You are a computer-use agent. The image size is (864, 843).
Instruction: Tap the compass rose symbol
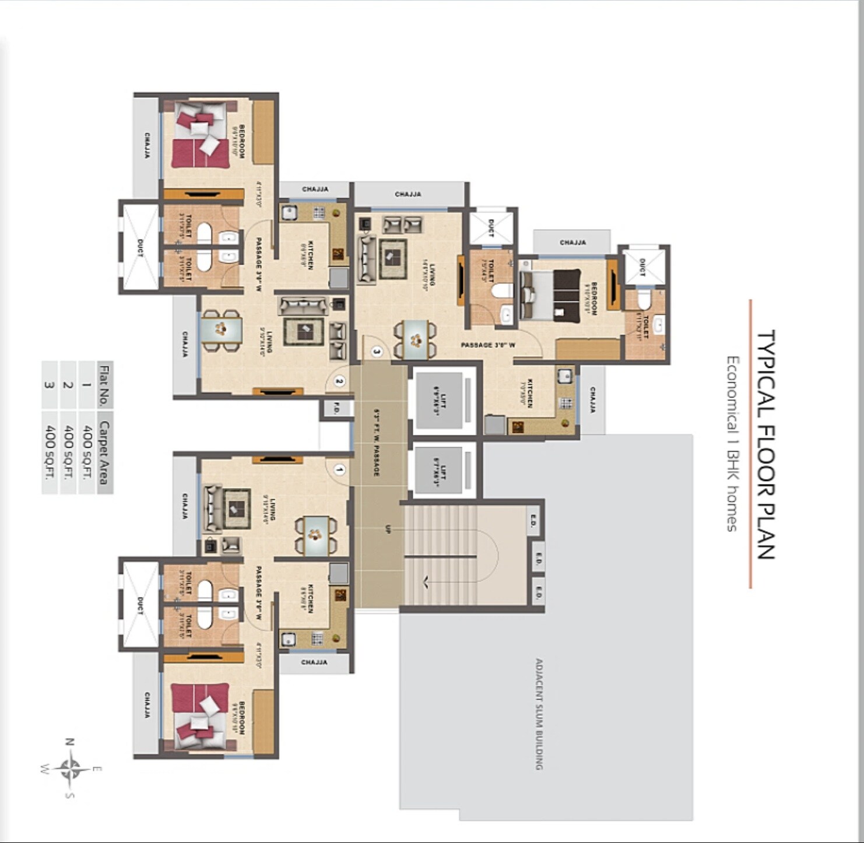pyautogui.click(x=71, y=768)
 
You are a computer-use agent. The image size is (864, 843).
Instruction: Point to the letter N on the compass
pyautogui.click(x=69, y=742)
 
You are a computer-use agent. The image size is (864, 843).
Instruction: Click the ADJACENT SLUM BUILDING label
pyautogui.click(x=539, y=714)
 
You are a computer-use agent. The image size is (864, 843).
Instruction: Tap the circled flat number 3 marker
pyautogui.click(x=377, y=352)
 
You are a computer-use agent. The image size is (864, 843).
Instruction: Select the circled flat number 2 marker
pyautogui.click(x=339, y=381)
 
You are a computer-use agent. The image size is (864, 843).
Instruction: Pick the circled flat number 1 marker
pyautogui.click(x=339, y=469)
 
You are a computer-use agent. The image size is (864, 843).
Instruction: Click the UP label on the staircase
pyautogui.click(x=388, y=529)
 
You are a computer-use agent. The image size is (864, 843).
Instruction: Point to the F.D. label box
pyautogui.click(x=336, y=409)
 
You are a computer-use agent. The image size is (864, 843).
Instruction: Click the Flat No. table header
pyautogui.click(x=104, y=385)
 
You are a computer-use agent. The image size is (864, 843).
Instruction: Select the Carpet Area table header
pyautogui.click(x=104, y=452)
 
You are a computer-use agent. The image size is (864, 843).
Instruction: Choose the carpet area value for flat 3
pyautogui.click(x=50, y=452)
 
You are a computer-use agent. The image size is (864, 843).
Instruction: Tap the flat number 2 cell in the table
pyautogui.click(x=68, y=385)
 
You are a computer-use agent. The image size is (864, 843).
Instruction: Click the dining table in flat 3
pyautogui.click(x=415, y=339)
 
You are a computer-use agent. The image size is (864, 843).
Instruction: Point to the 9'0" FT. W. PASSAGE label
pyautogui.click(x=377, y=443)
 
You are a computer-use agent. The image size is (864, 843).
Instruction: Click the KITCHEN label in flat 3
pyautogui.click(x=530, y=394)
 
